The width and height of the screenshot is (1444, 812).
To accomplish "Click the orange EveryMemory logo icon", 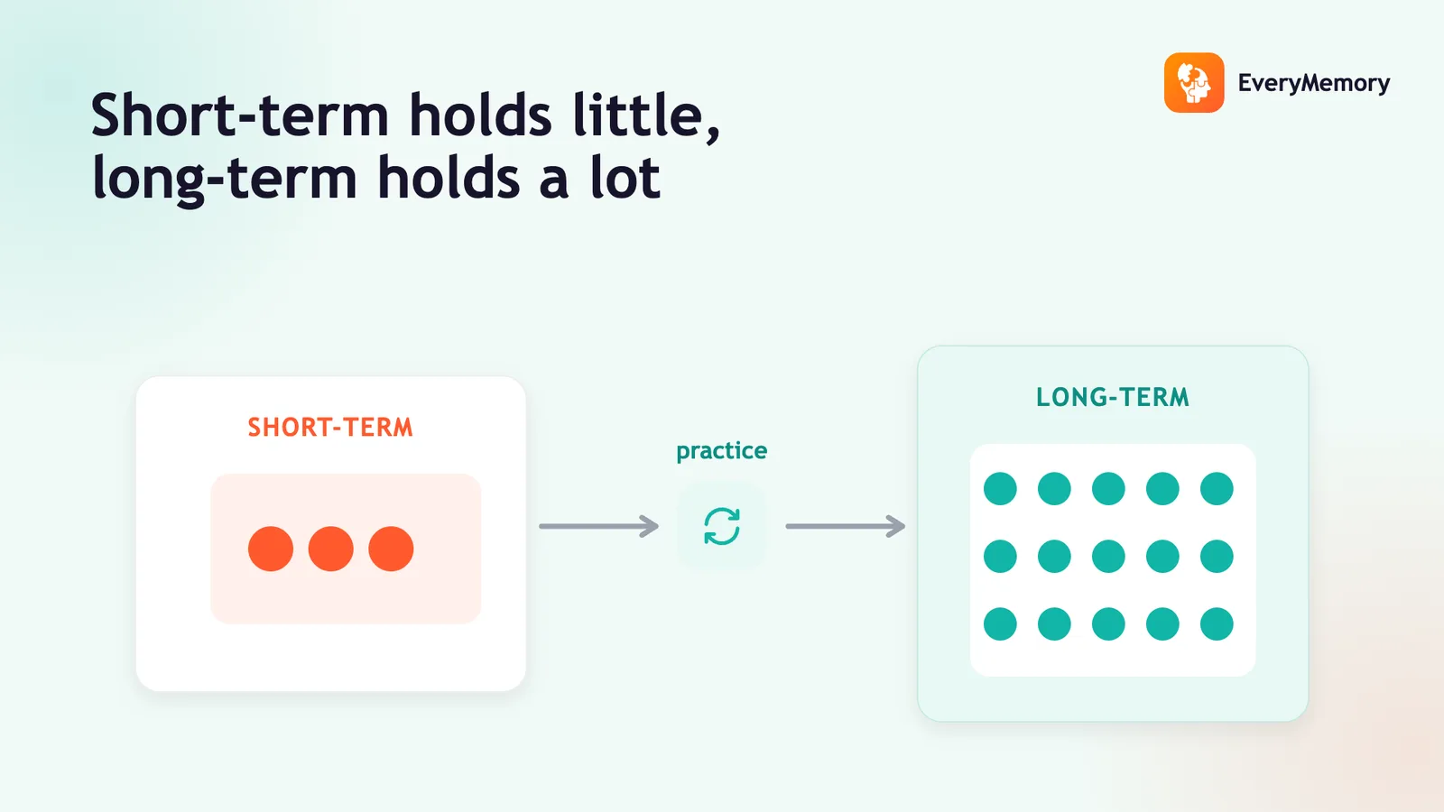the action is tap(1194, 82).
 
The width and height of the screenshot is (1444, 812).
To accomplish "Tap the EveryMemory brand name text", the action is tap(1314, 83).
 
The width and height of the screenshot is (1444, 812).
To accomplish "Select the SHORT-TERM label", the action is tap(330, 428).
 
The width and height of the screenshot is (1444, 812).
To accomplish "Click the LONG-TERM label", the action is tap(1113, 397).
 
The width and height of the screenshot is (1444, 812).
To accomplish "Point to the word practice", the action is tap(721, 450).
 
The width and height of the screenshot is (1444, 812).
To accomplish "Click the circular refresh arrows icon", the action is tap(721, 526).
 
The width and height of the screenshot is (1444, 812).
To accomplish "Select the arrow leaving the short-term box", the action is tap(599, 526).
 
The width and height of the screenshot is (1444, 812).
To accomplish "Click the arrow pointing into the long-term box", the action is tap(845, 526).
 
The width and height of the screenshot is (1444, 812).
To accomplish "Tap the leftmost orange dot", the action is tap(271, 549).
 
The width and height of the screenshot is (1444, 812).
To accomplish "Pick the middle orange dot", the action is tap(330, 549).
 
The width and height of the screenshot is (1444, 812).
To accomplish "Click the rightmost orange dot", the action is tap(391, 549).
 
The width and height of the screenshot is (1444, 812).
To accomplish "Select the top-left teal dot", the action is tap(1000, 488).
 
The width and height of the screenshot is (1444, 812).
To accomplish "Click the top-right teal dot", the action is tap(1217, 488).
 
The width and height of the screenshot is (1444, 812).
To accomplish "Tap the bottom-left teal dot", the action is tap(1000, 623).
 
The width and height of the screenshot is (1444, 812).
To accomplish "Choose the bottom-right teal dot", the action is tap(1217, 623).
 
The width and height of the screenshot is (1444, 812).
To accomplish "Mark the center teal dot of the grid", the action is tap(1108, 556).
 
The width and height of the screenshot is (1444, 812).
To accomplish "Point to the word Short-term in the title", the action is tap(240, 115).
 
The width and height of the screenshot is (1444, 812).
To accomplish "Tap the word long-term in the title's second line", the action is tap(225, 180).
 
